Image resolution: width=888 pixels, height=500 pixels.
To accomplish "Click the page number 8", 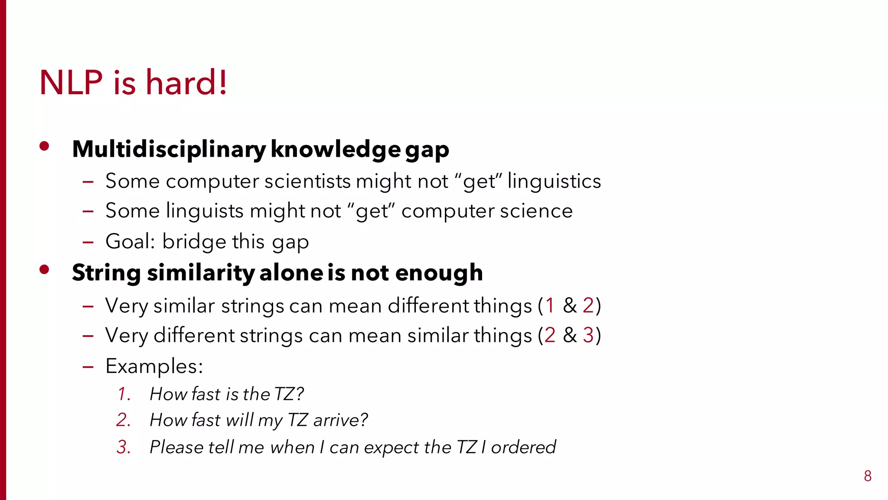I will tap(867, 476).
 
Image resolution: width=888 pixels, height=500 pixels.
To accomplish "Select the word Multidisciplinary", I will tap(169, 149).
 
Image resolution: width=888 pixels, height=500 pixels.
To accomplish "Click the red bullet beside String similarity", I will tap(44, 270).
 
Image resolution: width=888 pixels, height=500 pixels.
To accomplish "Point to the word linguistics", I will tap(554, 181).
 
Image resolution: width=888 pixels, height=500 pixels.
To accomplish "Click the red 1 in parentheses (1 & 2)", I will tap(550, 306).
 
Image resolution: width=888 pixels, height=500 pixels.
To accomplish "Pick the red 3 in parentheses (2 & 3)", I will tap(588, 335).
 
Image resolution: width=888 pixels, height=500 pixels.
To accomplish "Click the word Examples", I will tap(154, 367).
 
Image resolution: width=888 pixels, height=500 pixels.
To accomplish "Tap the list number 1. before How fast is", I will tap(124, 394).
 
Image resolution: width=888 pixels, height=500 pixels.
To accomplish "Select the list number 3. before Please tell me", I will tap(124, 447).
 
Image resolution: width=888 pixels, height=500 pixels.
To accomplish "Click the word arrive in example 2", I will tap(340, 420).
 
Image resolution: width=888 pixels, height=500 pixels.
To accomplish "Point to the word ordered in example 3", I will tap(523, 447).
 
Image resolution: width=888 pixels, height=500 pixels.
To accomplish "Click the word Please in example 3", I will tap(176, 447).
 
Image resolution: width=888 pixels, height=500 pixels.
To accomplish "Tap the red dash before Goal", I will tap(88, 242).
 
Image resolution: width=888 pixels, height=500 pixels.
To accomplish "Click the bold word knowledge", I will tap(335, 149).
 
